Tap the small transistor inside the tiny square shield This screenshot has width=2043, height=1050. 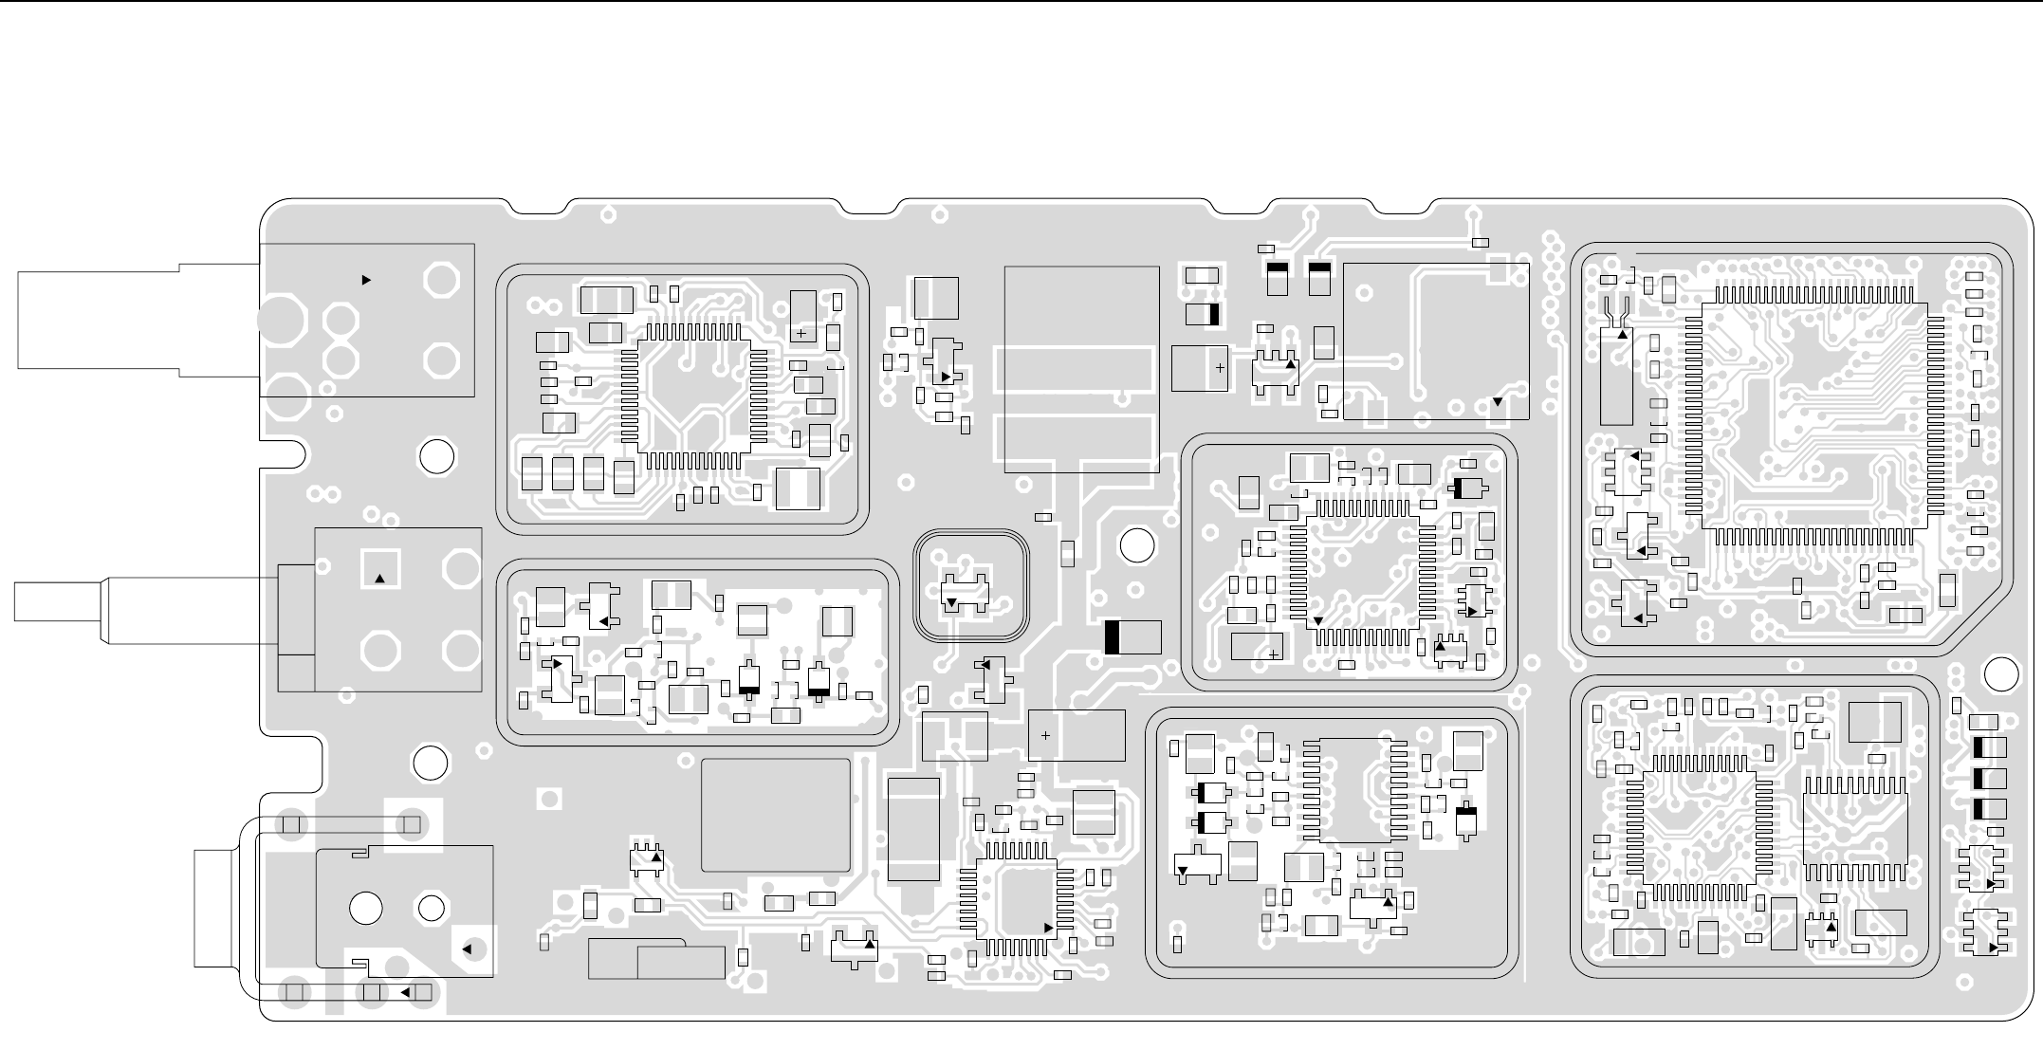(966, 592)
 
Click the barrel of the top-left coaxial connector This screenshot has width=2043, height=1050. (138, 320)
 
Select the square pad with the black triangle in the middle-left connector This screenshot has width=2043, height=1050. (380, 569)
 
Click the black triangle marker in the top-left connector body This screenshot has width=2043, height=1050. (367, 280)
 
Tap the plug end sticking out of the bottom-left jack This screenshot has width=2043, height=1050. (216, 909)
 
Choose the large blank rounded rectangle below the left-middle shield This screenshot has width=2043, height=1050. (775, 815)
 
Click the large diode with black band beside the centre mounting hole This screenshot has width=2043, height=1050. (1132, 636)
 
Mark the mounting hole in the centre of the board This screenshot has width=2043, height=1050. (1137, 545)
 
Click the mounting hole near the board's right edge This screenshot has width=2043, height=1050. (2000, 674)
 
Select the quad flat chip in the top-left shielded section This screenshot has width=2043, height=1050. (693, 396)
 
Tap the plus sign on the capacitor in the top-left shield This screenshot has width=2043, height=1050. (801, 334)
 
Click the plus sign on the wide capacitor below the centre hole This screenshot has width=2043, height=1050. (1045, 735)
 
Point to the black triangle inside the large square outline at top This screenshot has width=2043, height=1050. (1497, 401)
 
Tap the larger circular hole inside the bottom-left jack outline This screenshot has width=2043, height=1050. (365, 908)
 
